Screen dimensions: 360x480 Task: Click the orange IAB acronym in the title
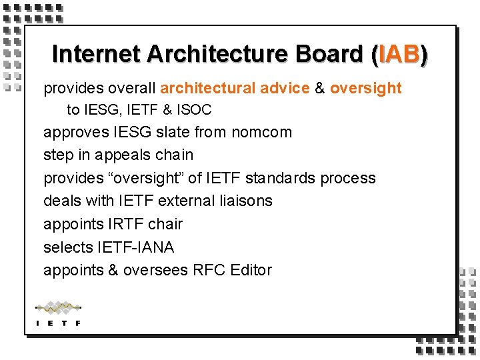click(399, 55)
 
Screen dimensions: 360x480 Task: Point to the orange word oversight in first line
click(366, 88)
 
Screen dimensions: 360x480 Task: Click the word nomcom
click(261, 132)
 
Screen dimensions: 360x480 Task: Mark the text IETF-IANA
click(135, 247)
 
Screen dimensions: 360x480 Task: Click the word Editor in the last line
click(251, 270)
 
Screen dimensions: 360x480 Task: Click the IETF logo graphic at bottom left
click(58, 313)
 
